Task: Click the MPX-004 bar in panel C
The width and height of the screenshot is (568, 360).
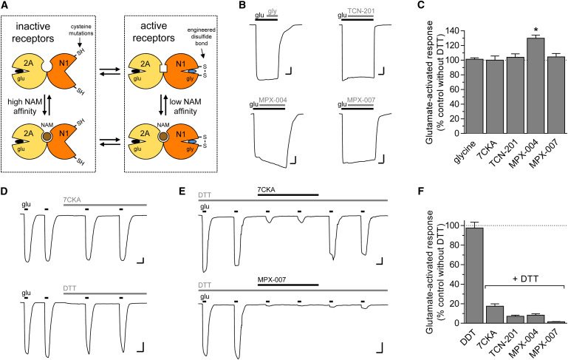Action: pyautogui.click(x=535, y=86)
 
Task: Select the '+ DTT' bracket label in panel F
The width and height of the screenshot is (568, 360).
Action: pyautogui.click(x=524, y=279)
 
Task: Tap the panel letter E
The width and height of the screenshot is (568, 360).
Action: pyautogui.click(x=182, y=191)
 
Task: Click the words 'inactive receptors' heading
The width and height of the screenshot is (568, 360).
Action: pyautogui.click(x=33, y=33)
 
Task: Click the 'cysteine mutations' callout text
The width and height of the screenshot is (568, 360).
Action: pyautogui.click(x=83, y=30)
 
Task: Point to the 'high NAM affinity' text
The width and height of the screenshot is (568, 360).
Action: pyautogui.click(x=22, y=106)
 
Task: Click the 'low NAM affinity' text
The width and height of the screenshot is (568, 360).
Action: pyautogui.click(x=185, y=106)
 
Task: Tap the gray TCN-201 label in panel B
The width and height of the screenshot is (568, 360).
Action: pyautogui.click(x=361, y=11)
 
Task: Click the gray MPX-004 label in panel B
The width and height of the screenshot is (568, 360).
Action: pyautogui.click(x=273, y=100)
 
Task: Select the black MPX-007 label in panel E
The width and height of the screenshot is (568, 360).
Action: pyautogui.click(x=272, y=280)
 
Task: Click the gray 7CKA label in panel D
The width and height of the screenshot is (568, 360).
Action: pyautogui.click(x=71, y=200)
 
